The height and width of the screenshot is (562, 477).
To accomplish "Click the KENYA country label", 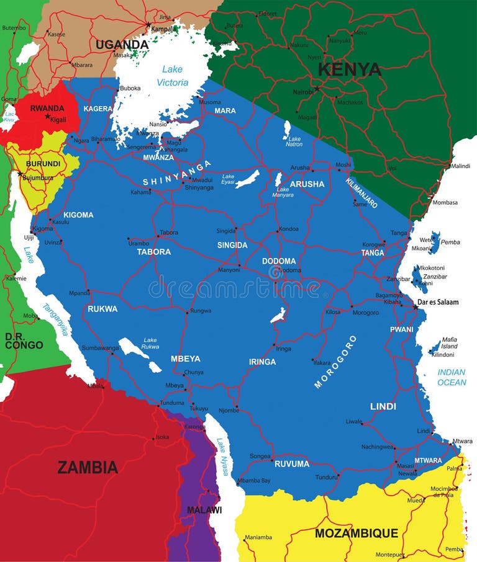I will [x=350, y=69].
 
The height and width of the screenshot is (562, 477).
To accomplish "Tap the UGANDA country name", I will [x=122, y=45].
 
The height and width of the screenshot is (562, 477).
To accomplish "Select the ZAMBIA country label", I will [x=88, y=467].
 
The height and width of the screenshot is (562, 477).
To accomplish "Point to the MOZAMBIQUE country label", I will [x=356, y=533].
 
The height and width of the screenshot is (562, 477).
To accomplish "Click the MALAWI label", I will [x=204, y=510].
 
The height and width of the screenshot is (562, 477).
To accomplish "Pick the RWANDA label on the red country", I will [x=47, y=108].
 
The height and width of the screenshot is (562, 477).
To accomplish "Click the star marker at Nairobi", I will [x=317, y=89].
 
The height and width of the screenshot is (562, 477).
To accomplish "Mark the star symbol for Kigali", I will [x=47, y=116].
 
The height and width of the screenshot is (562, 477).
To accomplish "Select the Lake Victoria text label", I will [x=172, y=76].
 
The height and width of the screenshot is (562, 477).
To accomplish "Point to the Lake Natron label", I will [x=294, y=141].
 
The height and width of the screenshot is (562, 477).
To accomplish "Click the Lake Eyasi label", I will [x=228, y=179].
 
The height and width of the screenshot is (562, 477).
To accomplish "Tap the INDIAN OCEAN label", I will [x=452, y=377].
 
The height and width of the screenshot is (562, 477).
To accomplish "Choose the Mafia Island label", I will [x=449, y=342].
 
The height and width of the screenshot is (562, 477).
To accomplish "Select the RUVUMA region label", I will [x=291, y=463].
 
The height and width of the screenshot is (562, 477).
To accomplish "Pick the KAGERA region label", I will [x=98, y=109].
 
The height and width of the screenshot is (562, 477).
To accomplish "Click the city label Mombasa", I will [x=445, y=202].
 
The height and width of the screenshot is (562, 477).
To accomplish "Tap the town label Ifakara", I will [x=321, y=362].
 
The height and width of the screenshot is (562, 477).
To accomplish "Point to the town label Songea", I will [x=260, y=456].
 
